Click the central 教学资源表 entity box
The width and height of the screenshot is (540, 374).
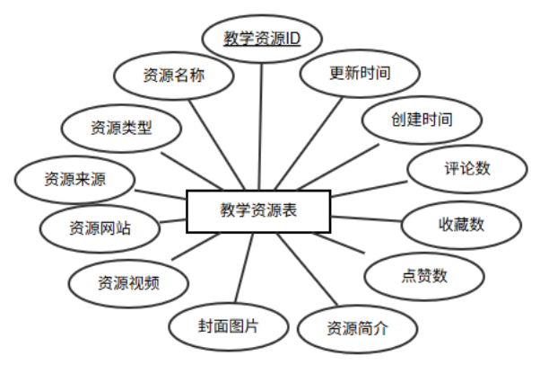258,212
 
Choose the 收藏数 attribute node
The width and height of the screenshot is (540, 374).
461,224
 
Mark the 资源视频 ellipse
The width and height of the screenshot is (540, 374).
128,281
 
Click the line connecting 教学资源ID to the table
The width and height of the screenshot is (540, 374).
260,126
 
